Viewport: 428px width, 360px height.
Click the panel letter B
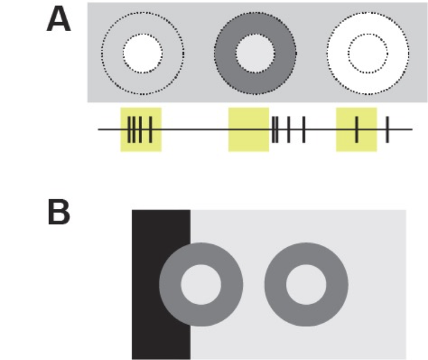[x=59, y=213]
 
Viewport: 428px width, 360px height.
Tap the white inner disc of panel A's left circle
[x=143, y=53]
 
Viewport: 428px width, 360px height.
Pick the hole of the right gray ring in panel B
[x=306, y=284]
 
